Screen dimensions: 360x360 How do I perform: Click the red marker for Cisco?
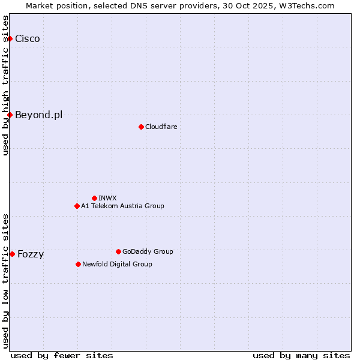point(10,38)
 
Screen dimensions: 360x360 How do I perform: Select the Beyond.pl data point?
point(10,115)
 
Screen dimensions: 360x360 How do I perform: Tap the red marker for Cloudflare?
point(141,127)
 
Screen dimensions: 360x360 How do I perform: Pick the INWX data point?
point(94,198)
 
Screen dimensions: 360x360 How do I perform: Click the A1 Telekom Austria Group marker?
point(77,206)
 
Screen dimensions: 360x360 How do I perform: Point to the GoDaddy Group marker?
point(118,251)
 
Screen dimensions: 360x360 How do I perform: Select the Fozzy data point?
point(12,254)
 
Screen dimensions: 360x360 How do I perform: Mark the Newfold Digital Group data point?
point(78,264)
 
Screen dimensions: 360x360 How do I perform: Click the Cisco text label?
point(28,39)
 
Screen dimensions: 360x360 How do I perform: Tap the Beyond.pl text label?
point(38,115)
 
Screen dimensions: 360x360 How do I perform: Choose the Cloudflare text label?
point(161,127)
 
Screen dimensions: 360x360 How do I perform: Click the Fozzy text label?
point(31,254)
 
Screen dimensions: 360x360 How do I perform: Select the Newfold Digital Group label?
point(117,264)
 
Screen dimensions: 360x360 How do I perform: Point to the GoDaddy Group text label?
point(148,251)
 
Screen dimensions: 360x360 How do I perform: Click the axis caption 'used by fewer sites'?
point(62,355)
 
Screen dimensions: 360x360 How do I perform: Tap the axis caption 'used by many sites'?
point(301,355)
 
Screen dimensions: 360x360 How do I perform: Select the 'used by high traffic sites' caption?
point(6,85)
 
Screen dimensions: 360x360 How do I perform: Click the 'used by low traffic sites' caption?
point(6,280)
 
